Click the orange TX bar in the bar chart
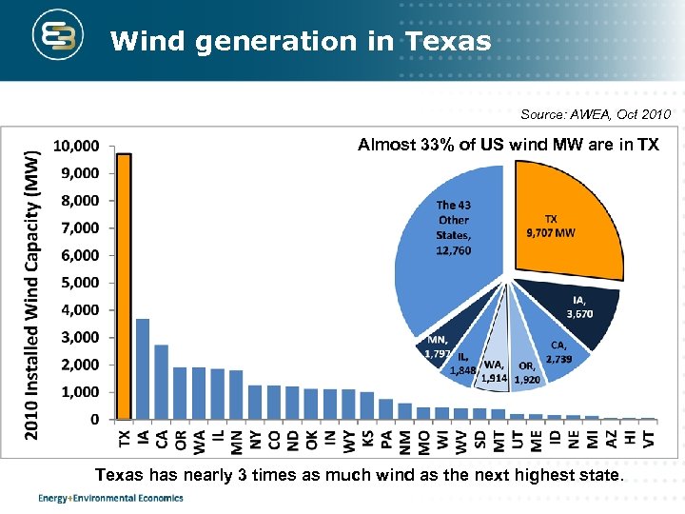point(124,286)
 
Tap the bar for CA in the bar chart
point(162,382)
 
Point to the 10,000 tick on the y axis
point(75,147)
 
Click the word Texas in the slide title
point(447,42)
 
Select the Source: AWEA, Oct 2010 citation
point(596,115)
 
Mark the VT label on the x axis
point(649,437)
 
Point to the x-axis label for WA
point(199,440)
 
